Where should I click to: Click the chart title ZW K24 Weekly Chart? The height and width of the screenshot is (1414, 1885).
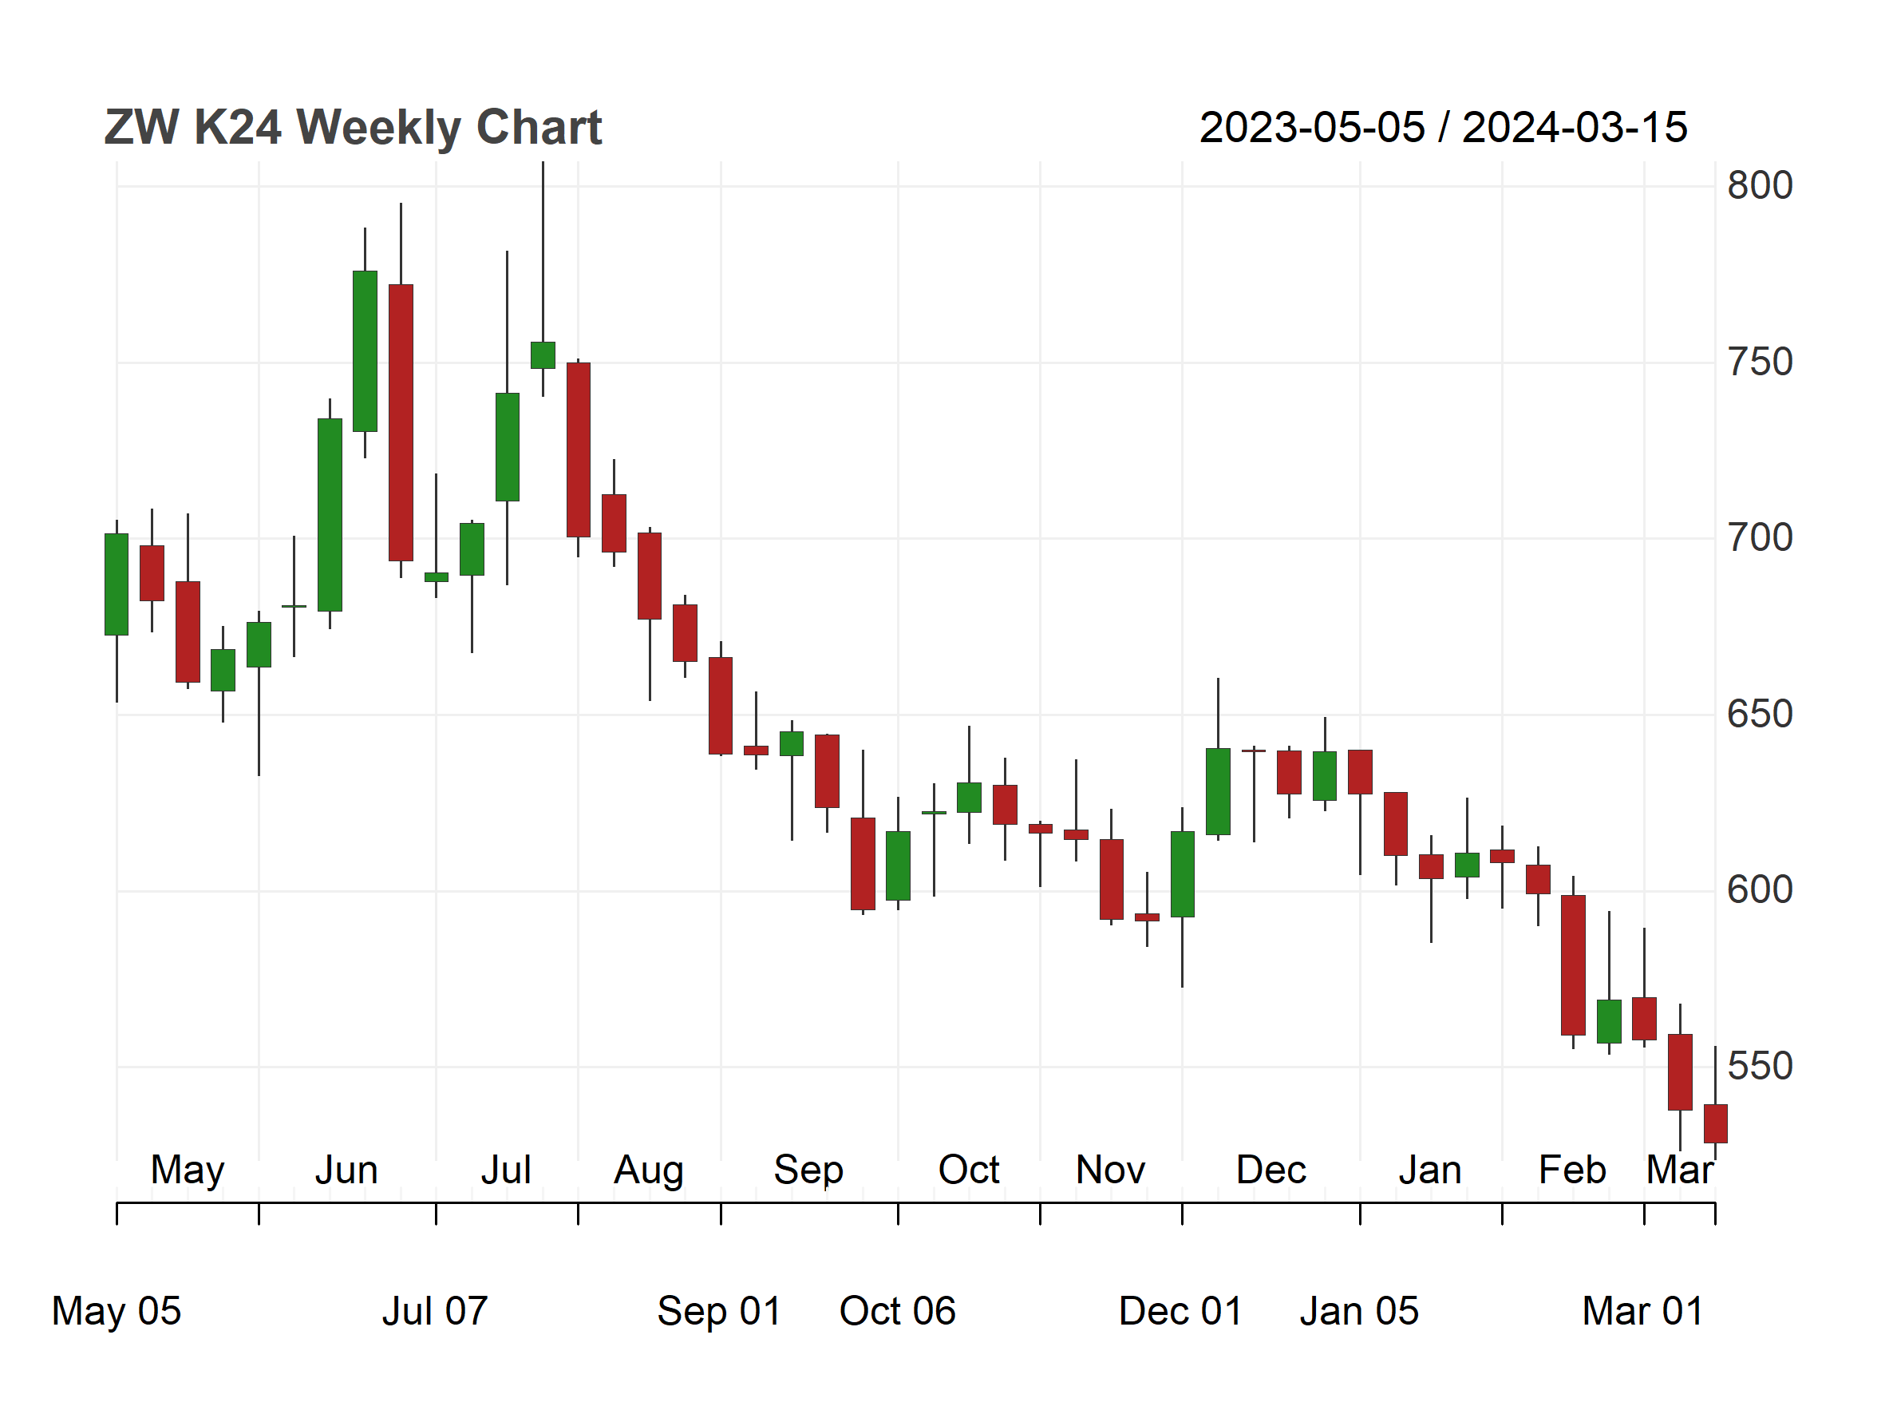pyautogui.click(x=353, y=128)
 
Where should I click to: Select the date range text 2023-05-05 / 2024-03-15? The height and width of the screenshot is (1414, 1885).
pyautogui.click(x=1443, y=128)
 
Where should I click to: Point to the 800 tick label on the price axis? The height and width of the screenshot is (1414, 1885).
pyautogui.click(x=1760, y=186)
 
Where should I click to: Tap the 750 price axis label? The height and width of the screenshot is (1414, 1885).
pyautogui.click(x=1760, y=362)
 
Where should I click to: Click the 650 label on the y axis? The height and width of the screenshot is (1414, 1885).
pyautogui.click(x=1760, y=715)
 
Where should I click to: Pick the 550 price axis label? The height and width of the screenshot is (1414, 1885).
pyautogui.click(x=1760, y=1066)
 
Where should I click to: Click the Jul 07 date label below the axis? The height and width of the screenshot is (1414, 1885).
pyautogui.click(x=435, y=1311)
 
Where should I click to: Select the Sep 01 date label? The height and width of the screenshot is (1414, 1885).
pyautogui.click(x=719, y=1311)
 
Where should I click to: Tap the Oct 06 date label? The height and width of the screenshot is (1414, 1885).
pyautogui.click(x=897, y=1311)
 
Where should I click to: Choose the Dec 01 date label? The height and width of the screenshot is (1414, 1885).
pyautogui.click(x=1181, y=1311)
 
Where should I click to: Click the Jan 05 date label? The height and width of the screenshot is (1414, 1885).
pyautogui.click(x=1359, y=1311)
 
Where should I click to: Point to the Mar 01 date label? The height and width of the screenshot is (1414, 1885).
pyautogui.click(x=1643, y=1311)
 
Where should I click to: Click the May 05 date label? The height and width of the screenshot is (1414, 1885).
pyautogui.click(x=117, y=1311)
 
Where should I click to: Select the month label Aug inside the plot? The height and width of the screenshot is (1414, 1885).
pyautogui.click(x=649, y=1170)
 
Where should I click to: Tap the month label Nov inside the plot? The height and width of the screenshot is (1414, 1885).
pyautogui.click(x=1110, y=1170)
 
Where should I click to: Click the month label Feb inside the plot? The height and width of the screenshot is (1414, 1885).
pyautogui.click(x=1572, y=1170)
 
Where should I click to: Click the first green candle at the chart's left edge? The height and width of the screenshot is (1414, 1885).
pyautogui.click(x=117, y=584)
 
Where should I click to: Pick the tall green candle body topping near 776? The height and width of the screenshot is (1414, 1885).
pyautogui.click(x=365, y=351)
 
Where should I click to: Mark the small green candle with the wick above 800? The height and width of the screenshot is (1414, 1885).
pyautogui.click(x=543, y=355)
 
